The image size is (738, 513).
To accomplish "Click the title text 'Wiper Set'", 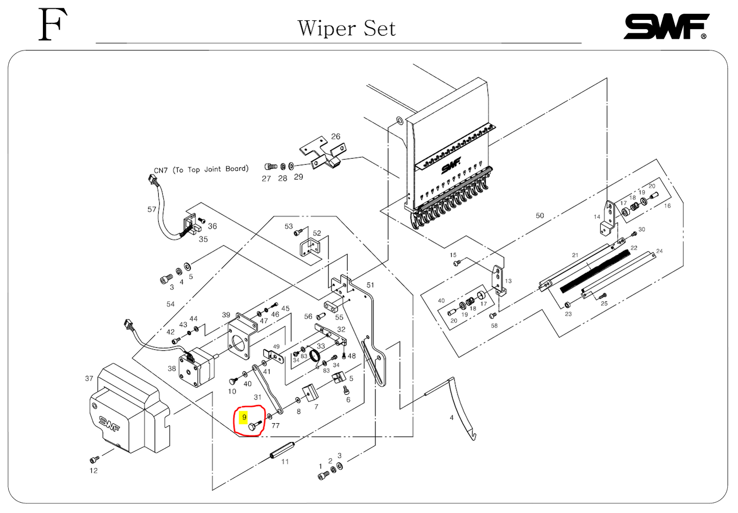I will [x=346, y=29].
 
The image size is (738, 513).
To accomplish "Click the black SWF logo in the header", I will [x=666, y=27].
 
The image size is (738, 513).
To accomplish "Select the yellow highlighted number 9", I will [x=244, y=418].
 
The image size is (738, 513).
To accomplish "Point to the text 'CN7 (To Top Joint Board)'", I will [x=201, y=169].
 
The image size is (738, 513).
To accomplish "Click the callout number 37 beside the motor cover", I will [x=89, y=378].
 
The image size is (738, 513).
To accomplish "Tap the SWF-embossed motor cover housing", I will [x=128, y=408].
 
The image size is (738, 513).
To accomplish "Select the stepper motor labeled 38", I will [x=197, y=365].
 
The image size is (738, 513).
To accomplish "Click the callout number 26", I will [x=336, y=136].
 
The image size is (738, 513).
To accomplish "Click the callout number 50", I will [x=540, y=215].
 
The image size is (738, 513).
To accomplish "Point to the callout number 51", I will [x=370, y=285].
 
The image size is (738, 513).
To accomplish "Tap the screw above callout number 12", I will [x=94, y=460].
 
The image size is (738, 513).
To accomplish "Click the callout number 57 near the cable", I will [x=152, y=209].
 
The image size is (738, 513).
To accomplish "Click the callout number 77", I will [x=275, y=425].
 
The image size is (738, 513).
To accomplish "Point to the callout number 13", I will [x=508, y=281].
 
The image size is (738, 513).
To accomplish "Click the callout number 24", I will [x=659, y=251].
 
